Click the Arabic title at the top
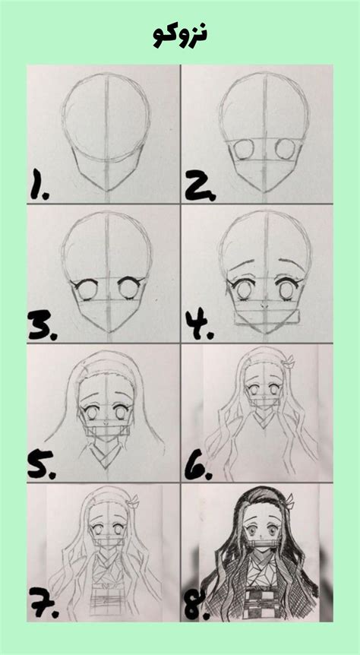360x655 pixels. coord(180,33)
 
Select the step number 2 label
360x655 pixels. coord(199,185)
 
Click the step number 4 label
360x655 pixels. coord(201,326)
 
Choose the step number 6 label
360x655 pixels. coord(200,466)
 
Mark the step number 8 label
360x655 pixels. coord(200,608)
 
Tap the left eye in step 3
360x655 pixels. coord(86,290)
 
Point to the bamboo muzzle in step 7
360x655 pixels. coord(108,563)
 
